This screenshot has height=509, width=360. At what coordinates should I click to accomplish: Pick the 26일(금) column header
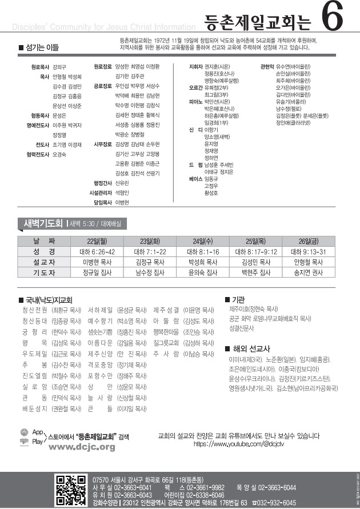309,241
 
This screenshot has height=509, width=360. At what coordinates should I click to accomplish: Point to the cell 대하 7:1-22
150,251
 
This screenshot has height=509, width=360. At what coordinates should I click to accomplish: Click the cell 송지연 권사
309,273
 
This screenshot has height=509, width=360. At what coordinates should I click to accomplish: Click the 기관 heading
238,299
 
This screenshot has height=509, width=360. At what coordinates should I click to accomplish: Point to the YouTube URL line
240,443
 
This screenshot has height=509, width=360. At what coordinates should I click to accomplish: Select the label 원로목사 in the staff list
40,67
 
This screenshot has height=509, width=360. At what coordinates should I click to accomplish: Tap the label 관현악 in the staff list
267,67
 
